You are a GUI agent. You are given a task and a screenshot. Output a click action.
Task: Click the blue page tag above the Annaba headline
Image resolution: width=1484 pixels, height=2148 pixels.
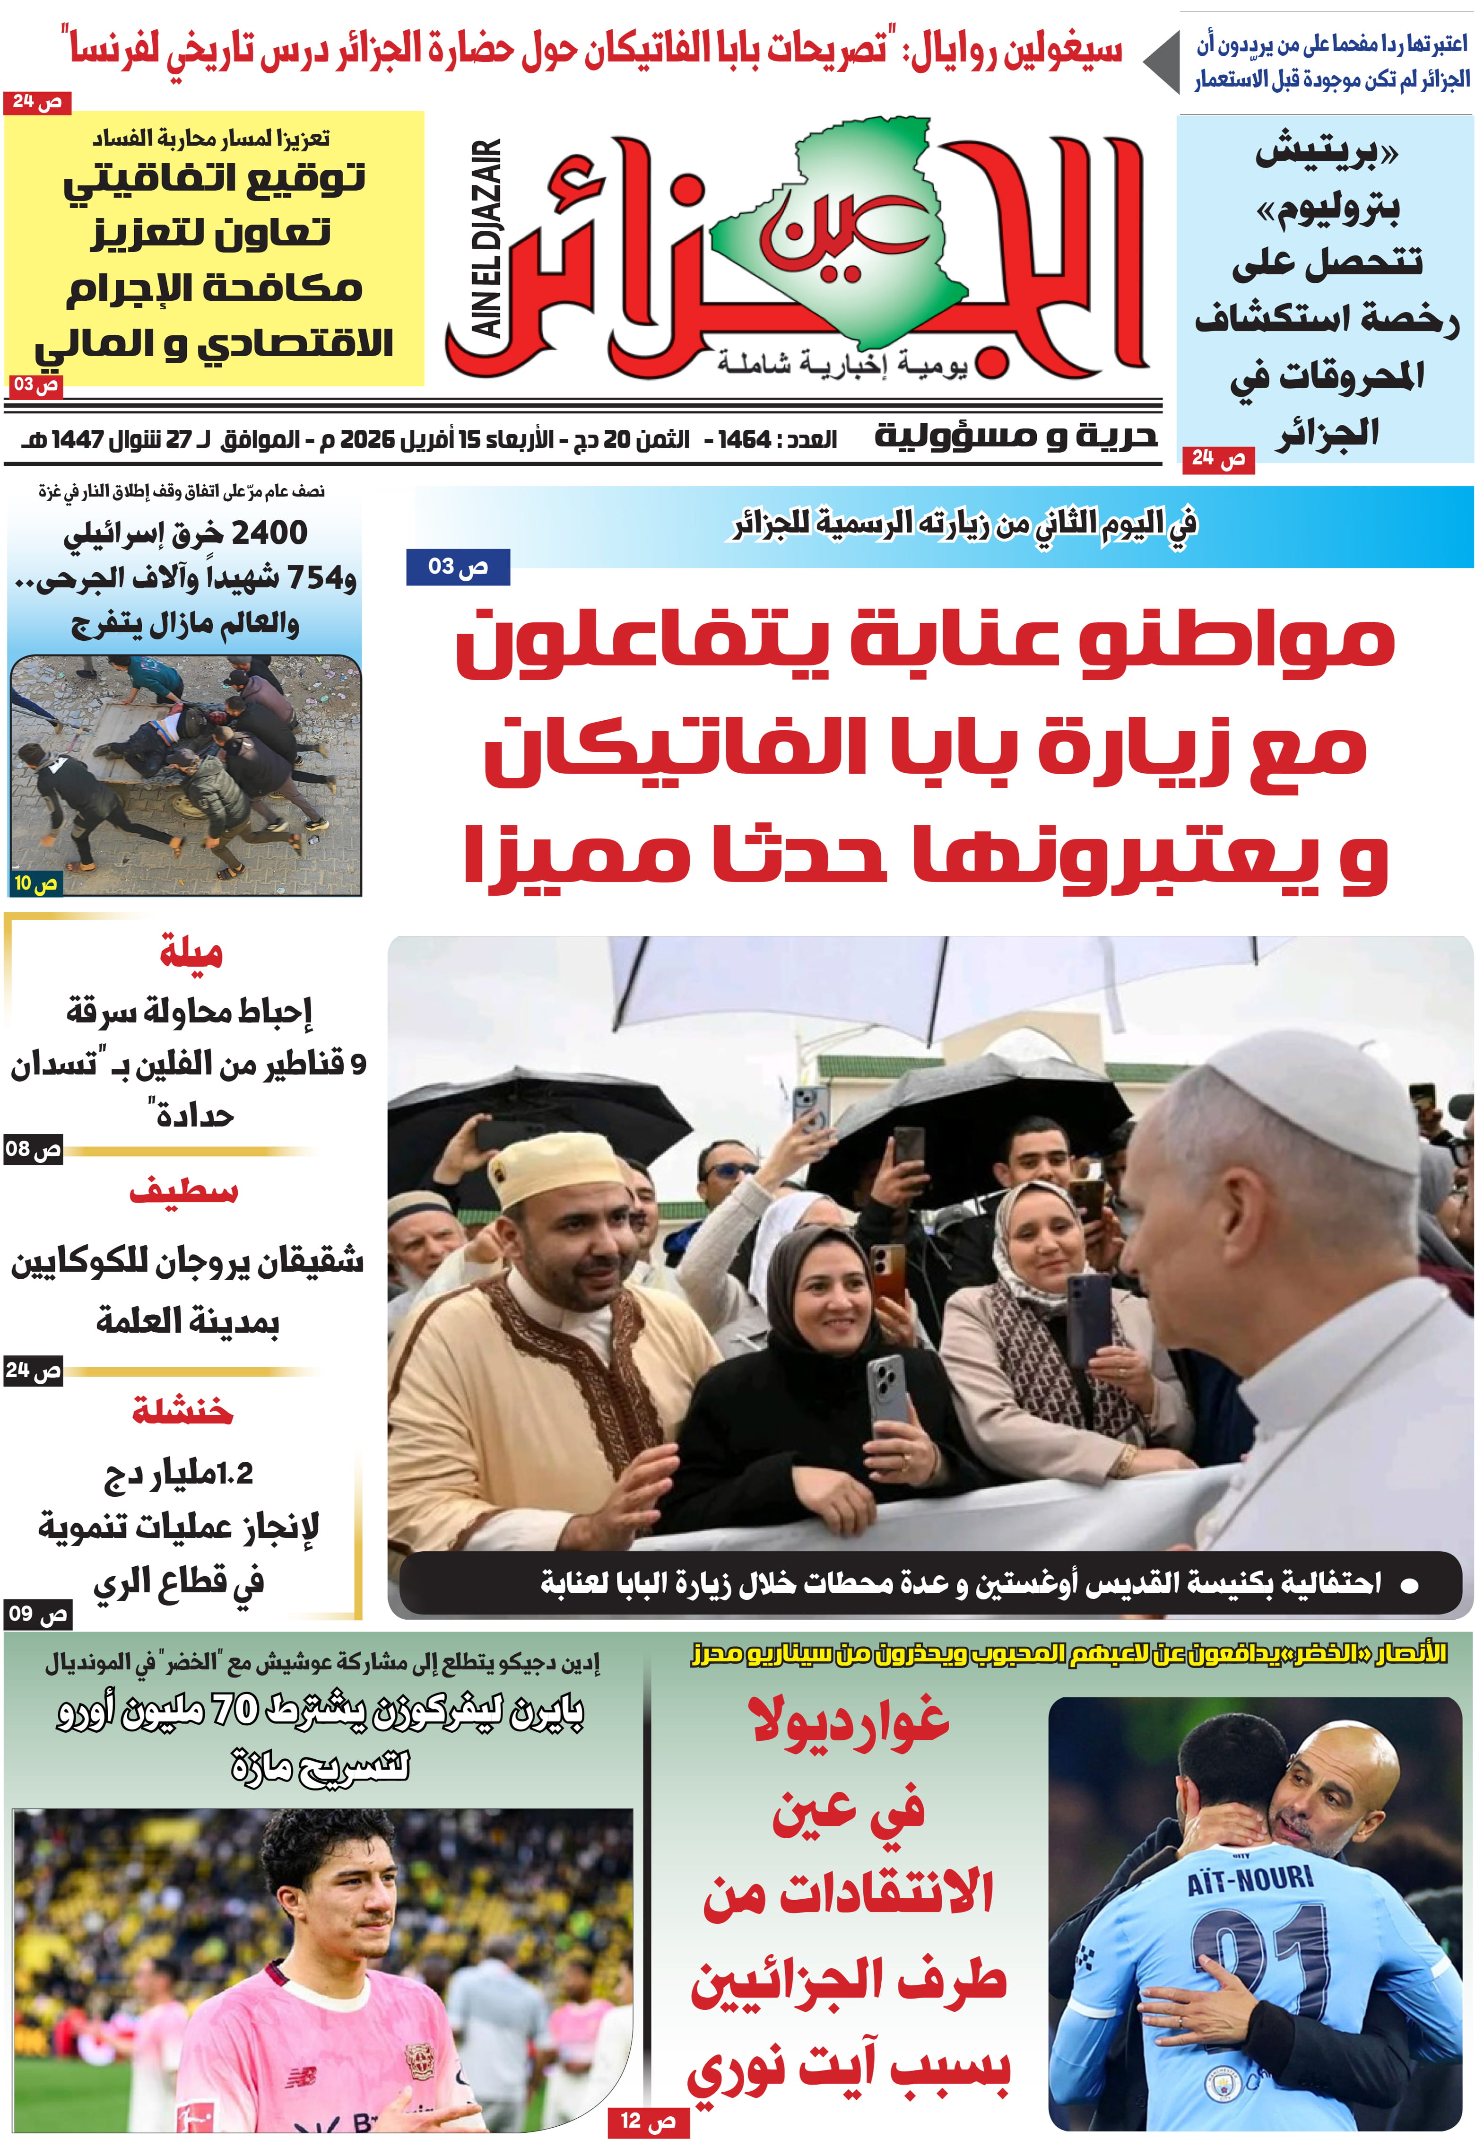(x=458, y=566)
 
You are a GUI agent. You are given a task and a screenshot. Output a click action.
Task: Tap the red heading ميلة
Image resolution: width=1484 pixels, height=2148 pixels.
(x=191, y=952)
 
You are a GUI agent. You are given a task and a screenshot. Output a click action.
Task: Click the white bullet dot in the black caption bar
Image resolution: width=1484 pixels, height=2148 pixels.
(x=1410, y=1585)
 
